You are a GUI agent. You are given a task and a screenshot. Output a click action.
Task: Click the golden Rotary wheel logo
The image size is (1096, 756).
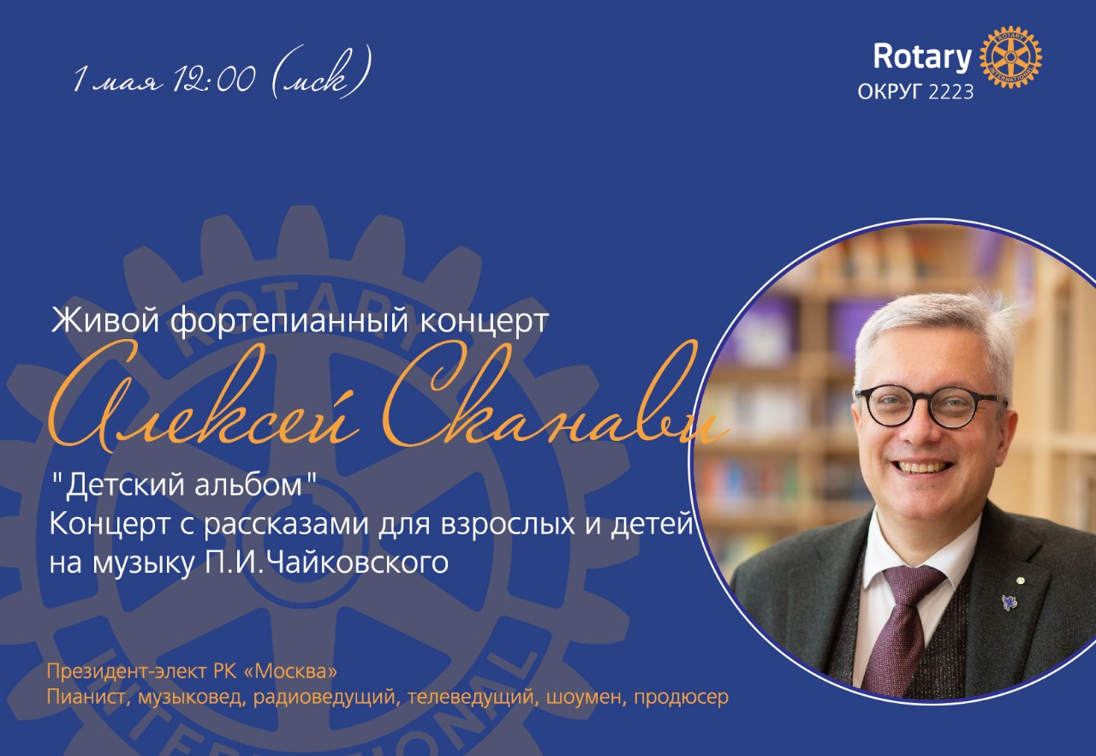(1010, 57)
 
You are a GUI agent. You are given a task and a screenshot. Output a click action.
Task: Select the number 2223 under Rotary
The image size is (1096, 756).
(950, 92)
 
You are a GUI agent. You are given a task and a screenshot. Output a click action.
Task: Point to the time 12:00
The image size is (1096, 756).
(213, 78)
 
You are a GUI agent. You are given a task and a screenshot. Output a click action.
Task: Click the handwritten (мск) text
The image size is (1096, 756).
(319, 74)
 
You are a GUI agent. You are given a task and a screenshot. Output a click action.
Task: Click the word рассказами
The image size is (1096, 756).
(286, 525)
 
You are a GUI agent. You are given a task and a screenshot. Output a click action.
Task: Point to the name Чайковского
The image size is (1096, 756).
(359, 563)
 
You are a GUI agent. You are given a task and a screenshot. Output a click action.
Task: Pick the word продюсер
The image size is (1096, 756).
(681, 698)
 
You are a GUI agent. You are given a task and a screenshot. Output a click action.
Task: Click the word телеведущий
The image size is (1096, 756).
(470, 698)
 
